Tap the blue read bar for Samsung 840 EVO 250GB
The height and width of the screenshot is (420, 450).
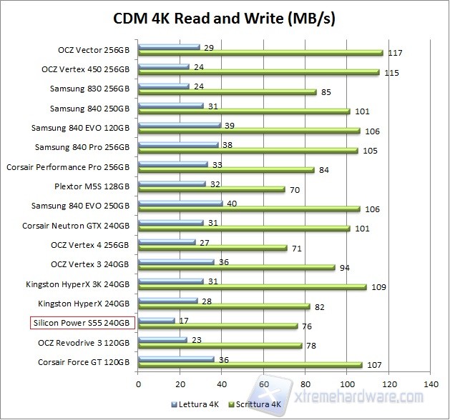click(180, 203)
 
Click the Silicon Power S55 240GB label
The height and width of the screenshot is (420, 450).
click(82, 323)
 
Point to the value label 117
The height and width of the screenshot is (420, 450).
click(395, 53)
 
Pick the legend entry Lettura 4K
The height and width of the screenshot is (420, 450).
click(197, 405)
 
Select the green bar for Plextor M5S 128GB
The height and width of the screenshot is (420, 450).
click(211, 191)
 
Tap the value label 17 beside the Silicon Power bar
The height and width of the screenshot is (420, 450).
click(184, 319)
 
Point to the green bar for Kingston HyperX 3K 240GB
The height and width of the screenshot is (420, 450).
click(252, 287)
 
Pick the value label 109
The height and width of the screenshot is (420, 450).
click(378, 287)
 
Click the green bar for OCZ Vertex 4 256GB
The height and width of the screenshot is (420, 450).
click(212, 249)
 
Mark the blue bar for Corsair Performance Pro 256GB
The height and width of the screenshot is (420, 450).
click(172, 164)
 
